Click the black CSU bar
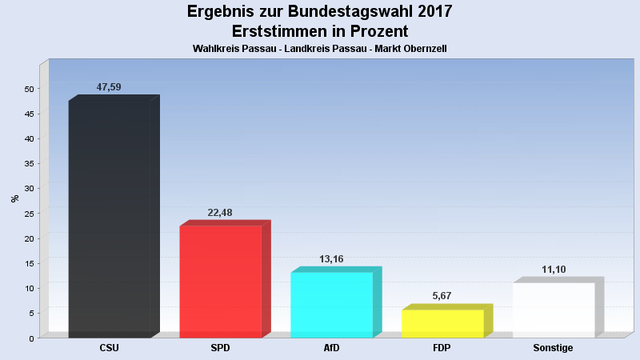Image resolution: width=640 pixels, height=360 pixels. coord(110,218)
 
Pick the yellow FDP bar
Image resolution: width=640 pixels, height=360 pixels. coord(442,323)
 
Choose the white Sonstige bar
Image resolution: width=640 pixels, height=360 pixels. coord(554,310)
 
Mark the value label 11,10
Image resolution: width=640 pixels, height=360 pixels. coord(554,270)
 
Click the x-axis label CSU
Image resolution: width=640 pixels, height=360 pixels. coord(110,348)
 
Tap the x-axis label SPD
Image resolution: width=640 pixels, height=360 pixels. coord(220,348)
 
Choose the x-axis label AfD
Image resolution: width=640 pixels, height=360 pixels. coord(331,348)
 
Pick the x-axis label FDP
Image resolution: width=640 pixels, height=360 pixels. coord(442,348)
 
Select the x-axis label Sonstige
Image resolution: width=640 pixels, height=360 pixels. coord(553,348)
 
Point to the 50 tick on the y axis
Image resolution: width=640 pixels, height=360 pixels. coord(28,89)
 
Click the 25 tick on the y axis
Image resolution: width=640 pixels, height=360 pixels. coord(28,214)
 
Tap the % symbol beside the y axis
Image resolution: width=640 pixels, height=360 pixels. coord(14,198)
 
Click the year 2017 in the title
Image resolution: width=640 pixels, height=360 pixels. coord(429,12)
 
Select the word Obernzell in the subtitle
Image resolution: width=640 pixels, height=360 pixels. coord(423,49)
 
